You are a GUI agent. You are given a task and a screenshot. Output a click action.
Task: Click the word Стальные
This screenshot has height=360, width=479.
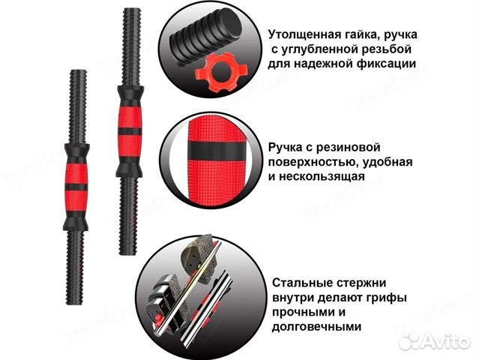tap(301, 284)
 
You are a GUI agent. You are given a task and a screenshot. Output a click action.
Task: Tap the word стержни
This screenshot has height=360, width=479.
tap(361, 284)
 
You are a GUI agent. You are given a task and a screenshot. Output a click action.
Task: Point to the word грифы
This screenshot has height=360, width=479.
tap(390, 298)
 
